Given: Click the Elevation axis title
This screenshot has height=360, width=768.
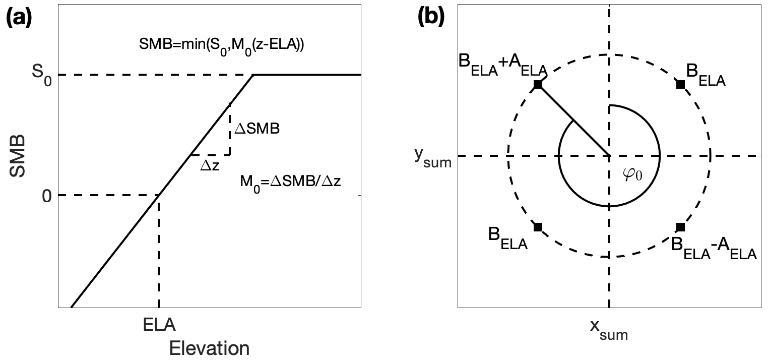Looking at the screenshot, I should pos(209,348).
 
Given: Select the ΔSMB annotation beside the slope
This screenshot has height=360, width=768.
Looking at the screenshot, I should pos(257,129).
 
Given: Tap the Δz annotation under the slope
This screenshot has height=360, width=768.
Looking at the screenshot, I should pos(209,165).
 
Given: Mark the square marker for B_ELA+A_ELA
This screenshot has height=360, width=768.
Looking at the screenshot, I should pos(538,85).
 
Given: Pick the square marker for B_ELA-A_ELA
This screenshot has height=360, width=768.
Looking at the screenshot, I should pos(680,227).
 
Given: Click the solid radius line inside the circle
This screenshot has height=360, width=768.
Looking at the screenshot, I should pos(573,121).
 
